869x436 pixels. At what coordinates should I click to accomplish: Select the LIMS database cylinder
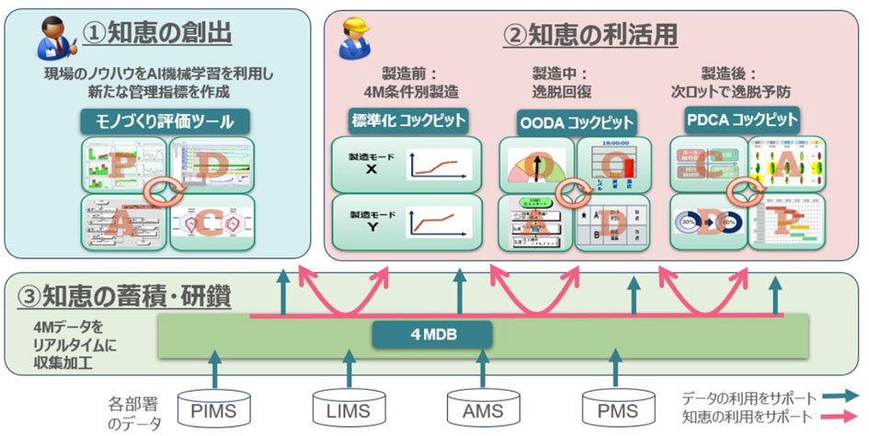(x=347, y=406)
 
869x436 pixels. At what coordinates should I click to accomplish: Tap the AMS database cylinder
(x=481, y=406)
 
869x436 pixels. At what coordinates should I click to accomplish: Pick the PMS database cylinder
(x=616, y=406)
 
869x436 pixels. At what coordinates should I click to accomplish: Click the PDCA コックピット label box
(x=741, y=120)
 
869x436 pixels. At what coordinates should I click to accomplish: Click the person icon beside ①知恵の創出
(x=53, y=38)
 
